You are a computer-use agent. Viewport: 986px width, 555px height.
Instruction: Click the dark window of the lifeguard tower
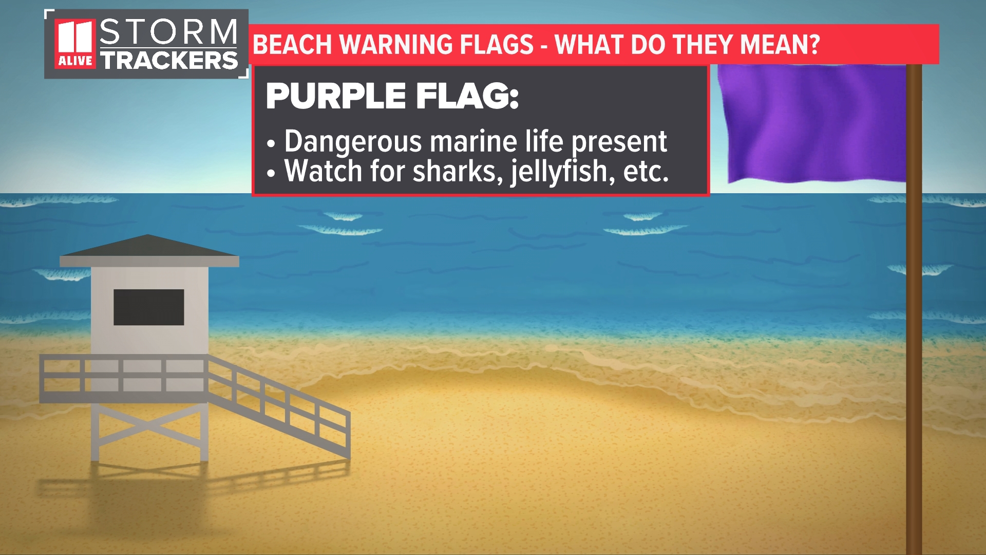(x=148, y=307)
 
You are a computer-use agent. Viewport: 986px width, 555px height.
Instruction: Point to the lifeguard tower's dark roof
(x=148, y=247)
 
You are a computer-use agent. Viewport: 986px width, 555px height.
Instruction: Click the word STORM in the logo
(x=168, y=32)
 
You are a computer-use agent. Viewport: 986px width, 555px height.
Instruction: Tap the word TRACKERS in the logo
(x=169, y=61)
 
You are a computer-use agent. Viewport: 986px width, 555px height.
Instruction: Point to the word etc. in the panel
(x=646, y=171)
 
